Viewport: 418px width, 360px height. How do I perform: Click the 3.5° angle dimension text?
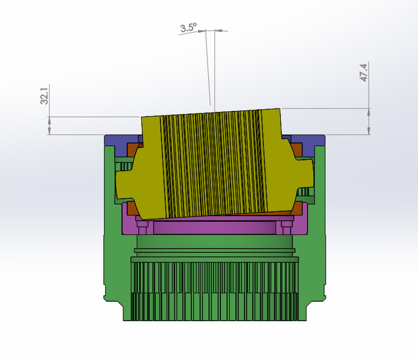tap(188, 28)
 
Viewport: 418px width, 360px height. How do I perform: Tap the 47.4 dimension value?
tap(364, 73)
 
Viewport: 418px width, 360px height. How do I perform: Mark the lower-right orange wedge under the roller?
tap(291, 210)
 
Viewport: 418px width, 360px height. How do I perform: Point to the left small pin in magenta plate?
tap(143, 226)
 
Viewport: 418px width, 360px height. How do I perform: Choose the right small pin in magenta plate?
tap(286, 226)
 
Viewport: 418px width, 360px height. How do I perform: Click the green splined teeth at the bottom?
tap(214, 292)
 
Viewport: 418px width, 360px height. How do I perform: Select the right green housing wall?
tap(319, 225)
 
